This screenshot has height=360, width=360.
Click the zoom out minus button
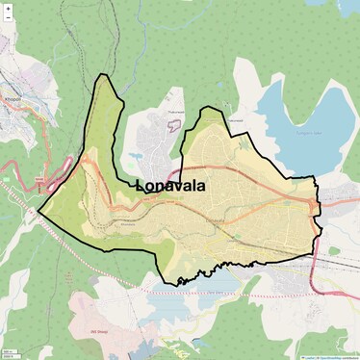coord(8,20)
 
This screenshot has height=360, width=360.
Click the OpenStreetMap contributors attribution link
coord(337,356)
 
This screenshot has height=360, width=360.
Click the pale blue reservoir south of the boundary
coord(207,282)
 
